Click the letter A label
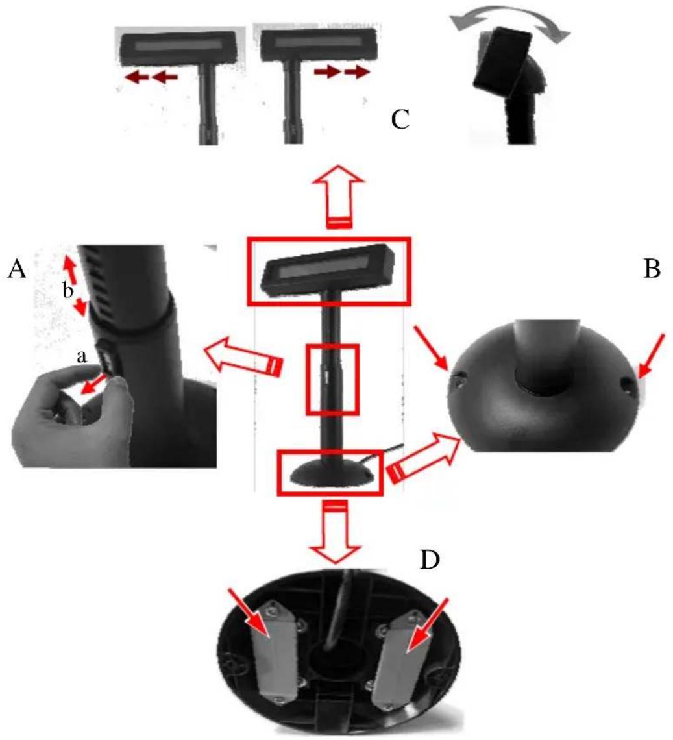coord(17,271)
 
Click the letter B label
coord(652,269)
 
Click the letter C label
coord(400,120)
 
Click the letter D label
coord(430,560)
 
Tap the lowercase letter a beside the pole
coord(82,357)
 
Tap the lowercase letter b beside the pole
coord(68,291)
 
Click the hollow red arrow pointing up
coord(338,197)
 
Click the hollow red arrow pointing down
coord(336,532)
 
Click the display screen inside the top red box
coord(326,271)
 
